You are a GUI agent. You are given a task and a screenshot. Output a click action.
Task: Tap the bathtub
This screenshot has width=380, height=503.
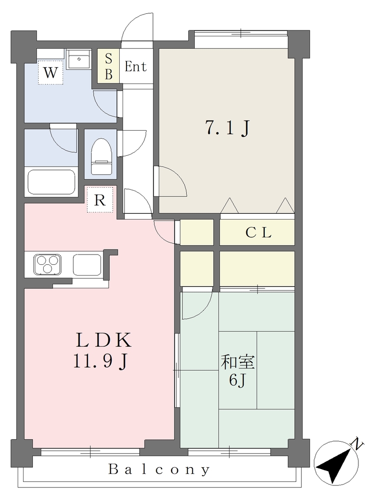[51, 182]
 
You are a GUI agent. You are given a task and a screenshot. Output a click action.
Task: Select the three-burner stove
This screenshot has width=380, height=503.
[48, 264]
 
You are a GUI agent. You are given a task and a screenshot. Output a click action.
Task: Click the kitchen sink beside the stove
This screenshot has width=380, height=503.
[87, 265]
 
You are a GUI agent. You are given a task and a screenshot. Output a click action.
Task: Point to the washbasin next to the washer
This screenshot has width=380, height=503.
[79, 59]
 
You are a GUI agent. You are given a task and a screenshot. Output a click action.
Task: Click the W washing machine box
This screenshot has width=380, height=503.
[51, 73]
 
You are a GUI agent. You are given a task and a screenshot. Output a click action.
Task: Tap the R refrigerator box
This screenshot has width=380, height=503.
[100, 200]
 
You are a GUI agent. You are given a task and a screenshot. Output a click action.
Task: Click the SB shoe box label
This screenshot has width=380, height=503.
[108, 67]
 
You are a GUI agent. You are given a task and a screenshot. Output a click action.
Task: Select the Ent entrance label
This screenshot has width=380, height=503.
[135, 66]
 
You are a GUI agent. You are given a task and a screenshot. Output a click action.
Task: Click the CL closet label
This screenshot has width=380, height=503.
[258, 232]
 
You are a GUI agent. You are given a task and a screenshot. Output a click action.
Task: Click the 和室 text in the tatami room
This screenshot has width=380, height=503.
[237, 362]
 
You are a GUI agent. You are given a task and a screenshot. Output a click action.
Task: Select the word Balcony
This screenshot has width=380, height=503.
[159, 469]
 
